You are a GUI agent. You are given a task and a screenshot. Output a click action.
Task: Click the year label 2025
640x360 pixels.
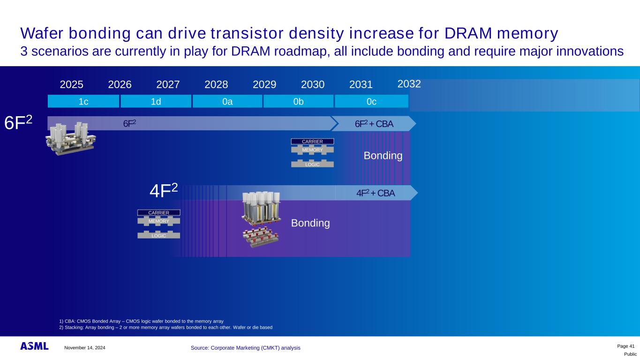(x=72, y=85)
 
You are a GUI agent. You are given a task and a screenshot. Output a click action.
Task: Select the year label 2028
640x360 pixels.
(x=216, y=85)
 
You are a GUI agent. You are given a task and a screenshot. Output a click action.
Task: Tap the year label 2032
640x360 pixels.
(x=409, y=84)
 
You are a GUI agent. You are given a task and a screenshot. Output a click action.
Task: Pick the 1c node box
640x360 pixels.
(x=83, y=101)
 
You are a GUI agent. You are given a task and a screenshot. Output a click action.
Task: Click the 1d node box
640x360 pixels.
(x=156, y=101)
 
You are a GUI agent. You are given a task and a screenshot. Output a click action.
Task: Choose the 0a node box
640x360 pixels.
(x=227, y=101)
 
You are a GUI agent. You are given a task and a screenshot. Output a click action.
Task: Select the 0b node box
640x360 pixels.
(x=298, y=101)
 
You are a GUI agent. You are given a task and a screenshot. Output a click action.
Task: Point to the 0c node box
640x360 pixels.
(x=371, y=101)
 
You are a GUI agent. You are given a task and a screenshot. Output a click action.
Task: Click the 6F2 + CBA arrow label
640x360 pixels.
(x=374, y=124)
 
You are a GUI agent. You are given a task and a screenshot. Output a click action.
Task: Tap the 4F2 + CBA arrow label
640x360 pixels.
(x=375, y=193)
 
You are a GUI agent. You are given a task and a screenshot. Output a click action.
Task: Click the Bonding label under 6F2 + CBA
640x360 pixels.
(x=383, y=156)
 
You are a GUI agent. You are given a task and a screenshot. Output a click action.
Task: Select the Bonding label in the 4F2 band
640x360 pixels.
(x=310, y=223)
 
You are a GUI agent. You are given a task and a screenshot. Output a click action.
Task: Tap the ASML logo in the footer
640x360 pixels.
(x=34, y=346)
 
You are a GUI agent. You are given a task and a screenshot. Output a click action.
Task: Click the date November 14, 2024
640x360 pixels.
(x=84, y=348)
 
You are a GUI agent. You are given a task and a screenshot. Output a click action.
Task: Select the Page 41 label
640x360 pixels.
(x=625, y=346)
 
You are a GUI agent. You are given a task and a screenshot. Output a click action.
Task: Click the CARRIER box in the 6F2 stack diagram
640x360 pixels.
(x=312, y=141)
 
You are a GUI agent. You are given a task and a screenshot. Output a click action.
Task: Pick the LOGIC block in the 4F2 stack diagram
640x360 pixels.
(x=158, y=235)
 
